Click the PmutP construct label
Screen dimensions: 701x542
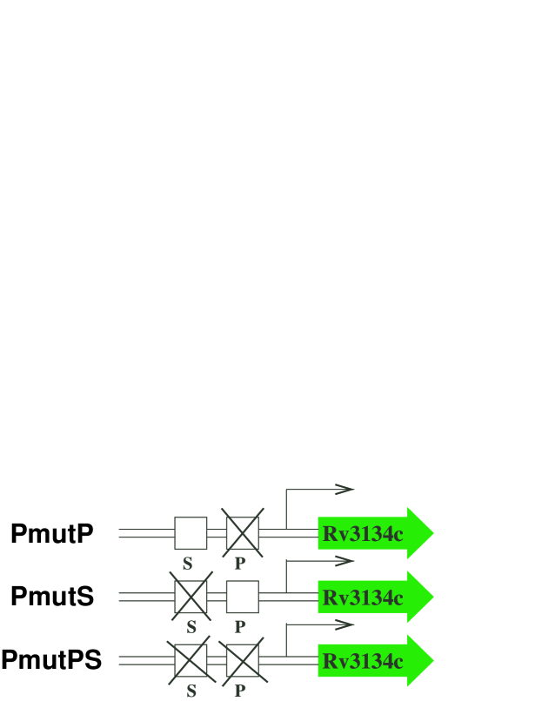coord(51,533)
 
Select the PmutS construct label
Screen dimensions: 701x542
coord(51,597)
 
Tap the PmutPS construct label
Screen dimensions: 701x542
coord(51,660)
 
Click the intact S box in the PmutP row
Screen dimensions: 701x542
coord(191,533)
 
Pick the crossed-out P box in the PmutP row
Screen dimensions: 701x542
coord(243,533)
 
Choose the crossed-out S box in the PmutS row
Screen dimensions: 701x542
coord(191,597)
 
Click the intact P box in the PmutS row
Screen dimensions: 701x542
coord(243,597)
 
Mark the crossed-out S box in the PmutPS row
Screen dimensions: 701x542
coord(191,660)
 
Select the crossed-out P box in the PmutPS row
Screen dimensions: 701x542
coord(243,660)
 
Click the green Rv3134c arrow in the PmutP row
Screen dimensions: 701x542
coord(374,533)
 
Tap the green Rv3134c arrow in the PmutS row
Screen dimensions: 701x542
coord(374,597)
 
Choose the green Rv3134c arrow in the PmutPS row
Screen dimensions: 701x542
coord(374,660)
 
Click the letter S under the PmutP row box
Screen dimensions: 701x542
coord(187,563)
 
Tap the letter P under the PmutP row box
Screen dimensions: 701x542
coord(240,563)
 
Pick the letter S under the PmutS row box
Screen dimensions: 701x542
coord(191,626)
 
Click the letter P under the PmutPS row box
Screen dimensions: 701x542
coord(240,691)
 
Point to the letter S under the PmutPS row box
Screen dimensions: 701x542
coord(191,691)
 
